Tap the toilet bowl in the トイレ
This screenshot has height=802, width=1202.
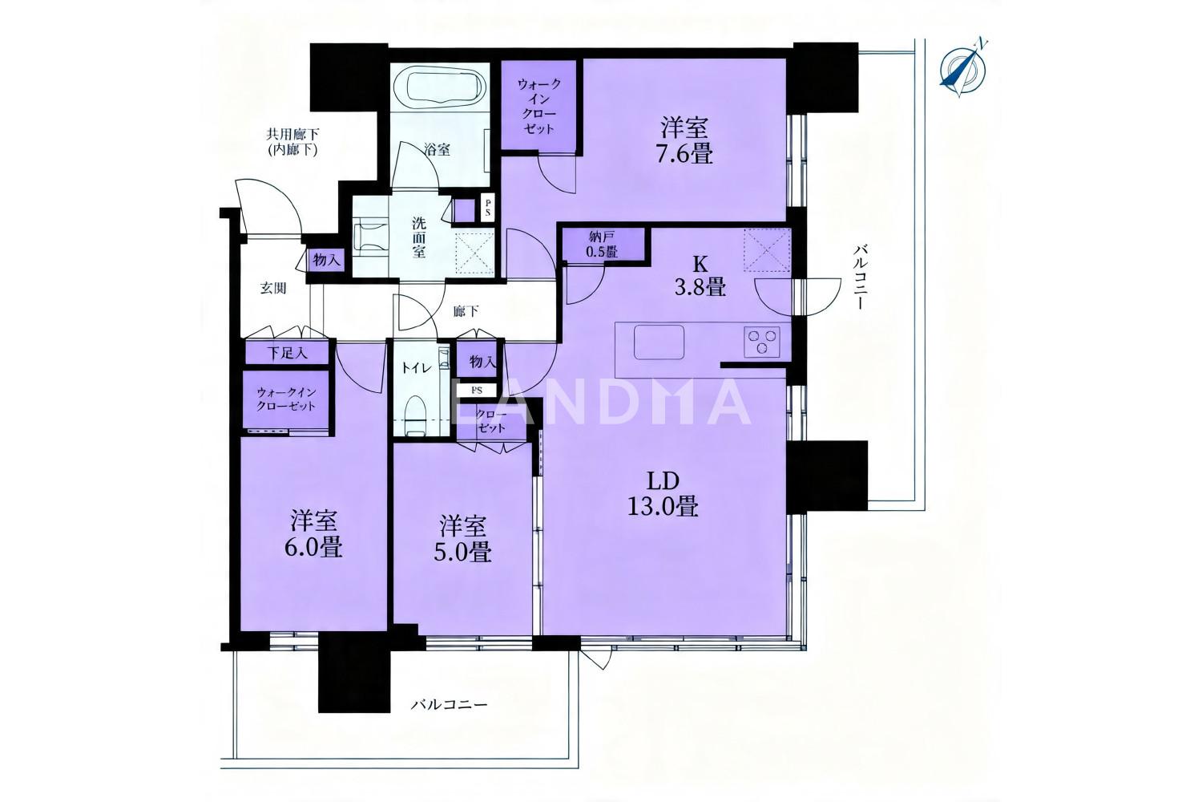(415, 415)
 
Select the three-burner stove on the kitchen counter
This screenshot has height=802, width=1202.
(762, 341)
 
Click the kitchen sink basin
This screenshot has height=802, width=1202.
(659, 342)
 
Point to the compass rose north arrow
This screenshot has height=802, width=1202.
(962, 68)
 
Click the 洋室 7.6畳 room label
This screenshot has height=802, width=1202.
(686, 140)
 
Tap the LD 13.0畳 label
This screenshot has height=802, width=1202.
(663, 494)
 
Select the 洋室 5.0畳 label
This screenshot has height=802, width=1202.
(462, 539)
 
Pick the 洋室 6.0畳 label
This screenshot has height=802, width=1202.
(314, 533)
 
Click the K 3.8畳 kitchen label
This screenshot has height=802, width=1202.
(700, 276)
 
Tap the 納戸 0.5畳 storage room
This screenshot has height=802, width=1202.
(603, 245)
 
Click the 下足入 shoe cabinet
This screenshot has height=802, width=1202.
(287, 353)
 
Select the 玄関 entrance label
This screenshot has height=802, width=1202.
(273, 289)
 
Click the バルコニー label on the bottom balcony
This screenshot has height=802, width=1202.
(450, 703)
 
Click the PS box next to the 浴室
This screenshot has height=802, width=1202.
(488, 208)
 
